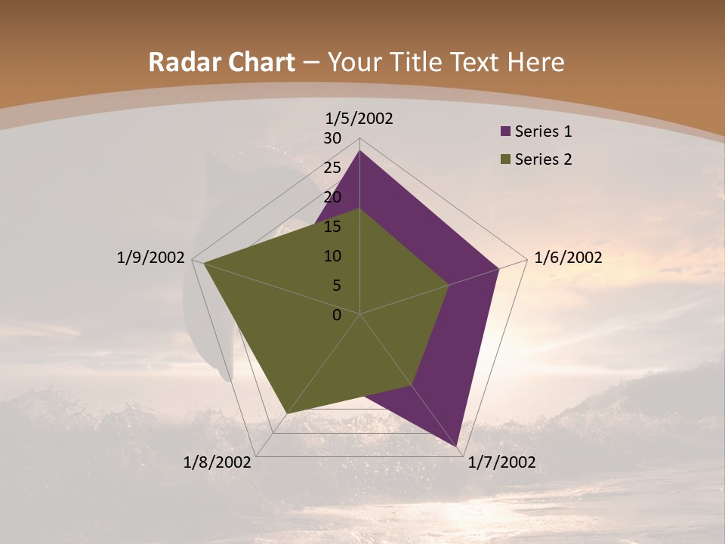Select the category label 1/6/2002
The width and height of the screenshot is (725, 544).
568,258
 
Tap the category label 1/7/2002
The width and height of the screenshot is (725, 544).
501,462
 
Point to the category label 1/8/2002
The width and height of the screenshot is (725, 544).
217,462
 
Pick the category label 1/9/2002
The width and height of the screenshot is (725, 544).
150,258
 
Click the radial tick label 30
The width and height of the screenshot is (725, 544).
332,138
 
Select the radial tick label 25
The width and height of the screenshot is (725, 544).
332,168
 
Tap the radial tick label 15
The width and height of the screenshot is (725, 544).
332,227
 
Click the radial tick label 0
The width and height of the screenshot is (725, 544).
337,315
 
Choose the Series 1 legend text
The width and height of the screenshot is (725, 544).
543,131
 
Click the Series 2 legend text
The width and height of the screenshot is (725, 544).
543,159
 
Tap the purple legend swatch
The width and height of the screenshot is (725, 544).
506,131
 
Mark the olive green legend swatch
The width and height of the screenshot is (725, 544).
506,159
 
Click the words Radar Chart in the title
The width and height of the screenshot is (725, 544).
221,62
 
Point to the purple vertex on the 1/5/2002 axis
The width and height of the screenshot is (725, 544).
359,151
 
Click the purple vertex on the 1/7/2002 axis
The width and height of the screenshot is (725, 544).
457,447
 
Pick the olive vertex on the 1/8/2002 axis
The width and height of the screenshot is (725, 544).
286,413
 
